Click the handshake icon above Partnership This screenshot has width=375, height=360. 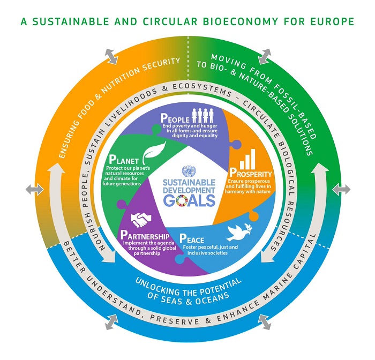pos(142,220)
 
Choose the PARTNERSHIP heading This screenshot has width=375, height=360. pos(145,236)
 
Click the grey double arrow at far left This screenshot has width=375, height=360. pos(32,190)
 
